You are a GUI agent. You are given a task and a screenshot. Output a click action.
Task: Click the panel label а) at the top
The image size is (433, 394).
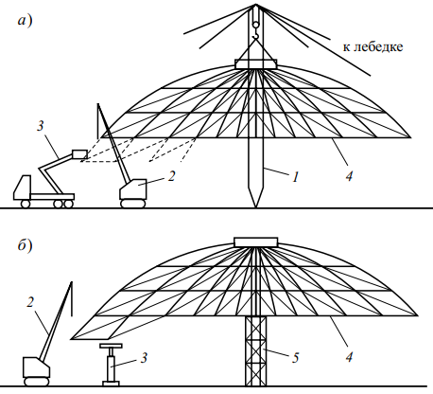pyautogui.click(x=25, y=21)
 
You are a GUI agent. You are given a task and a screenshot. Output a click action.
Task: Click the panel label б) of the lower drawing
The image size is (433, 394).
pyautogui.click(x=25, y=245)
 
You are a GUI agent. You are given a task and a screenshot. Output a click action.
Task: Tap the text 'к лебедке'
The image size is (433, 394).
pyautogui.click(x=372, y=46)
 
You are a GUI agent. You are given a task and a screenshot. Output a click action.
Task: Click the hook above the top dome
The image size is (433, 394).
pyautogui.click(x=255, y=30)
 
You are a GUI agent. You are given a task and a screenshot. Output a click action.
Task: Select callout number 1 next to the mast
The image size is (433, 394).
pyautogui.click(x=295, y=177)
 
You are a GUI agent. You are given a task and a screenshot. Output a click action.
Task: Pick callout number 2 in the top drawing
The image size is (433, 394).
pyautogui.click(x=171, y=176)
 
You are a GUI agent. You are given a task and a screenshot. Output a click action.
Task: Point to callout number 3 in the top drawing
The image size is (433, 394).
pyautogui.click(x=41, y=126)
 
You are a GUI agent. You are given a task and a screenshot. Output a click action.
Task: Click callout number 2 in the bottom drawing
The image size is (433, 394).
pyautogui.click(x=30, y=302)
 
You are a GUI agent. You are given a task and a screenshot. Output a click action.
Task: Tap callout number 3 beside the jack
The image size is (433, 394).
pyautogui.click(x=144, y=358)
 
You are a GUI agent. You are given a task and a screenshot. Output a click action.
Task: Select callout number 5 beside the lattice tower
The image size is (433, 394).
pyautogui.click(x=295, y=358)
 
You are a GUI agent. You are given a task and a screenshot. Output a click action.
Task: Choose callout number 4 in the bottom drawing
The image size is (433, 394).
pyautogui.click(x=349, y=357)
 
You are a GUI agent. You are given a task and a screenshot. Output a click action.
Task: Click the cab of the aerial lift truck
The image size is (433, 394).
pyautogui.click(x=22, y=188)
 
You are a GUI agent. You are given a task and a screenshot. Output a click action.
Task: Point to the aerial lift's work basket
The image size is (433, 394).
pyautogui.click(x=79, y=154)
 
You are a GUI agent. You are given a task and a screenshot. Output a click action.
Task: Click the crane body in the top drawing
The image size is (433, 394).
pyautogui.click(x=133, y=189)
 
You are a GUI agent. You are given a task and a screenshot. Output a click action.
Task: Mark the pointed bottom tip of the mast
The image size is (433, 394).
pyautogui.click(x=255, y=207)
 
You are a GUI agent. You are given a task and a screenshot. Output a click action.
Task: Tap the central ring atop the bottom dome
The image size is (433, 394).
pyautogui.click(x=256, y=242)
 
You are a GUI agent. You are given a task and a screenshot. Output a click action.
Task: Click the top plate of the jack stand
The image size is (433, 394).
pyautogui.click(x=111, y=346)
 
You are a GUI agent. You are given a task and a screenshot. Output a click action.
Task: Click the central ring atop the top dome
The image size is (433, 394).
pyautogui.click(x=256, y=63)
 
